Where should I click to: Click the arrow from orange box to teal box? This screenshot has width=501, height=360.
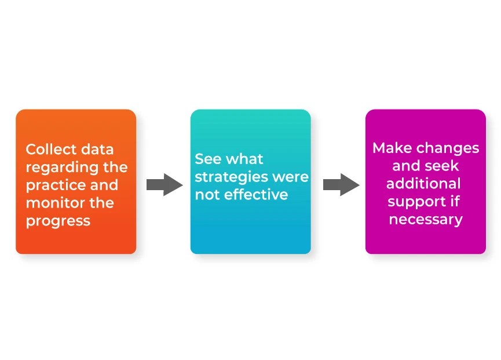[x=164, y=184]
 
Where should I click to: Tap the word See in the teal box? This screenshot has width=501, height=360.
[x=207, y=159]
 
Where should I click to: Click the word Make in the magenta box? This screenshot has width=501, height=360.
[x=390, y=148]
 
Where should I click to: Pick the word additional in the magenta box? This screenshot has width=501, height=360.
[x=423, y=184]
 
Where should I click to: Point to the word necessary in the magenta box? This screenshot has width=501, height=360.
[x=426, y=219]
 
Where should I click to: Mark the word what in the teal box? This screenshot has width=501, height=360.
[x=244, y=159]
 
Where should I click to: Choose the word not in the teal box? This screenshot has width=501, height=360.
[x=206, y=194]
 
